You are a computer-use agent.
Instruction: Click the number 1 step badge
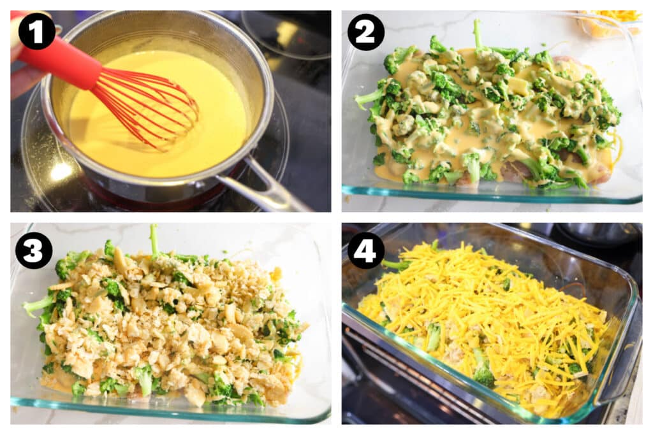(36, 31)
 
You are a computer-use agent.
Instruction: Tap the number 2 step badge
(365, 32)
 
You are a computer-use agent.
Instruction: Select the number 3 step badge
(34, 250)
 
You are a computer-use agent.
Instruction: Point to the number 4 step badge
(365, 250)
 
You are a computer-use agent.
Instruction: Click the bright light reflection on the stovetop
(61, 171)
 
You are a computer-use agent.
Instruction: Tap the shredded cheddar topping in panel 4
(487, 320)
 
